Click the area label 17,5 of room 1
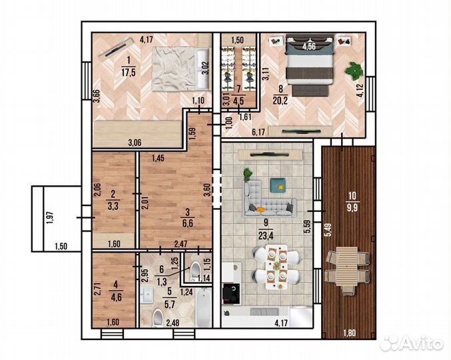click(129, 72)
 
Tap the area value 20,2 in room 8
click(280, 101)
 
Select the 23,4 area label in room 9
click(266, 236)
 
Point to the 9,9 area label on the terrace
click(352, 208)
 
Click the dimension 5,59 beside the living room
click(308, 227)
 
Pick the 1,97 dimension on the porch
click(50, 218)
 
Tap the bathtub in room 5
click(203, 307)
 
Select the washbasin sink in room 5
click(147, 294)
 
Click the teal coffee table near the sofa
click(278, 185)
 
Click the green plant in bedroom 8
click(354, 71)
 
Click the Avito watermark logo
click(412, 343)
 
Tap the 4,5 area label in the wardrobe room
click(239, 101)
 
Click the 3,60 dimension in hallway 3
click(207, 190)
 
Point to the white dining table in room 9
click(276, 267)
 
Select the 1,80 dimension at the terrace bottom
click(350, 333)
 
